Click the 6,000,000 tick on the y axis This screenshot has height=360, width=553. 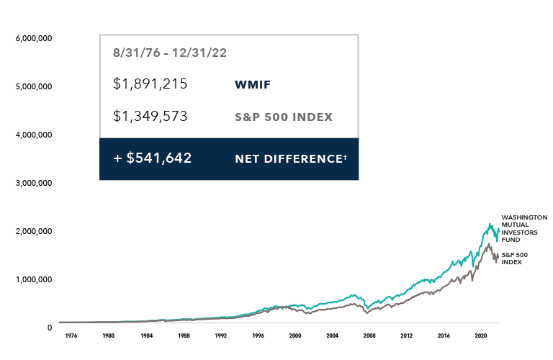[x=34, y=38]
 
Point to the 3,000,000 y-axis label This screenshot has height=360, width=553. [x=34, y=183]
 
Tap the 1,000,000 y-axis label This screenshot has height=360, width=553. [x=34, y=279]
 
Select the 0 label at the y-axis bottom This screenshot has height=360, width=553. [x=49, y=328]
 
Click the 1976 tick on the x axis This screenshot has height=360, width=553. [x=71, y=336]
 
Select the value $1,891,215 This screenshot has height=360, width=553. [x=150, y=84]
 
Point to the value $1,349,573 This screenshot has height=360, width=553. [x=150, y=116]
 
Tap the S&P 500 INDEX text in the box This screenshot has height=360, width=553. [x=284, y=117]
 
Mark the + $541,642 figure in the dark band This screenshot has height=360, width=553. [x=152, y=158]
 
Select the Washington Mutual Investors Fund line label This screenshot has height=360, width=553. [x=523, y=228]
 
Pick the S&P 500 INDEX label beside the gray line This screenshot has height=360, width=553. [x=512, y=258]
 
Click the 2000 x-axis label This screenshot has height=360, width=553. [x=295, y=336]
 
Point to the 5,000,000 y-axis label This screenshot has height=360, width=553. [x=34, y=86]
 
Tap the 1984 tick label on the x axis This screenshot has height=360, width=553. [x=145, y=336]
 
